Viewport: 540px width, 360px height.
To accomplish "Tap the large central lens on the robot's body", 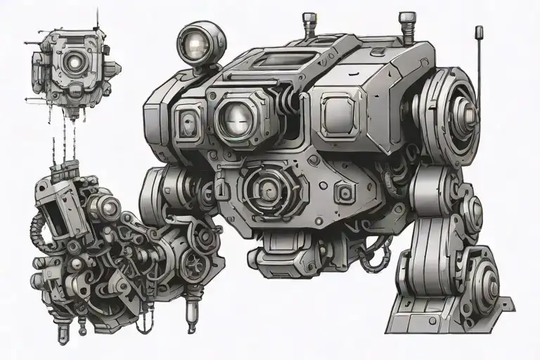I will [x=236, y=117].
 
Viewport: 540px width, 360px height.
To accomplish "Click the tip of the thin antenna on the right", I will [x=480, y=31].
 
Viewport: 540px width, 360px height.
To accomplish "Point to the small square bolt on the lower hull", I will [x=342, y=194].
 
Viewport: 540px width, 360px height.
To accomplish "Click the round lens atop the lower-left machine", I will [x=107, y=207].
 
